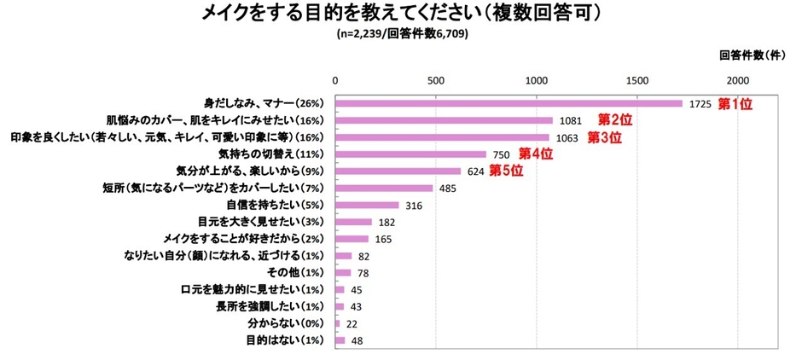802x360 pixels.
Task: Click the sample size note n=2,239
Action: (401, 35)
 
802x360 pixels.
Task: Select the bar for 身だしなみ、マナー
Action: (509, 103)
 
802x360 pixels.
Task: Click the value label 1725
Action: (700, 104)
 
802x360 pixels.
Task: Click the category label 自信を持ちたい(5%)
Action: (277, 205)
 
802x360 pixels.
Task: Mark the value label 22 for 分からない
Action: (352, 324)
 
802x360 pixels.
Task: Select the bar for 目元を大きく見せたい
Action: (353, 222)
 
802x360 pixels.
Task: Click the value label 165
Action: (383, 240)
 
